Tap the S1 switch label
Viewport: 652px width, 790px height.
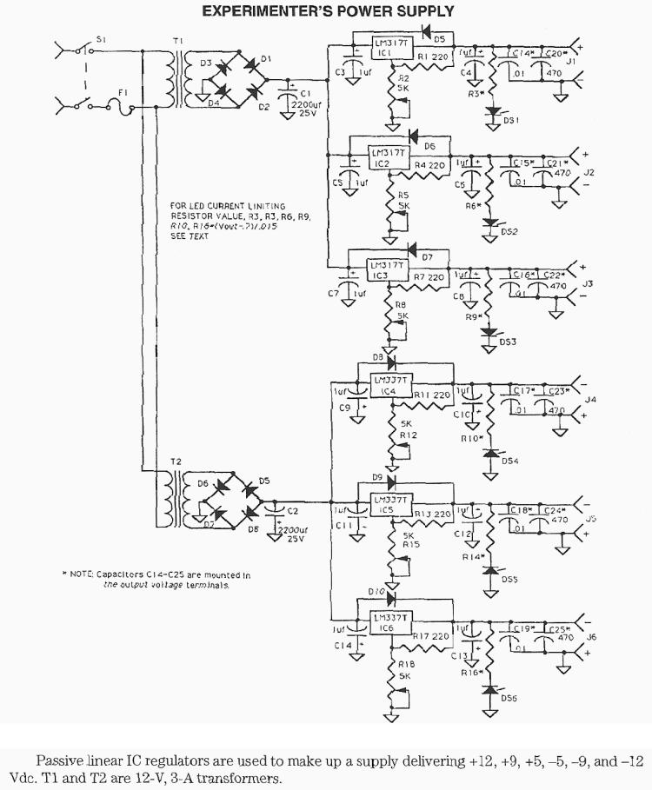coord(101,40)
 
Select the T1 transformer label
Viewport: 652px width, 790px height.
coord(178,41)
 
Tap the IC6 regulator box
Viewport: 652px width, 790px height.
coord(390,622)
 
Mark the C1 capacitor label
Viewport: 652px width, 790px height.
coord(305,93)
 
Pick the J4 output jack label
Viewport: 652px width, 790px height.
coord(591,400)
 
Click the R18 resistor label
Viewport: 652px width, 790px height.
coord(404,663)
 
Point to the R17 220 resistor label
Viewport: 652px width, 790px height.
coord(432,636)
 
